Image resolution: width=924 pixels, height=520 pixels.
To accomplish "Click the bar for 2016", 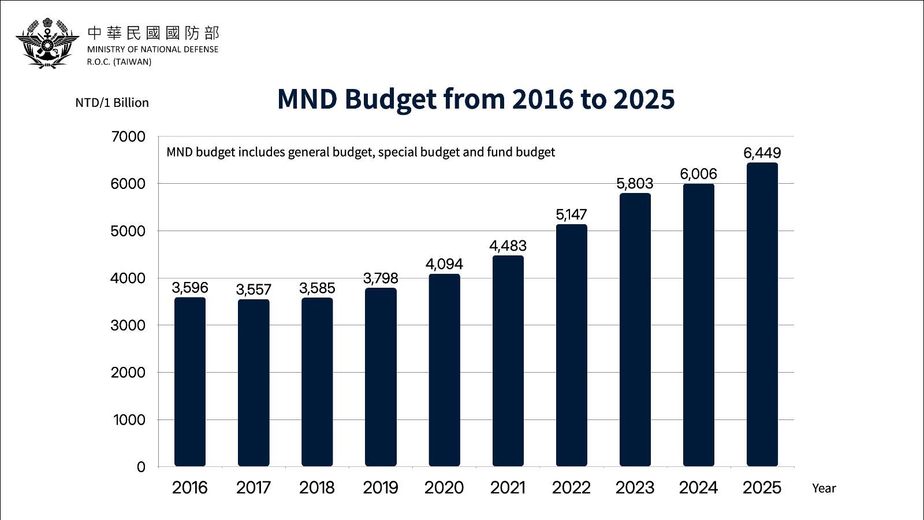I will coord(190,381).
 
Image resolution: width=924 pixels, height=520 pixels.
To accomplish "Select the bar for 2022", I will coord(571,345).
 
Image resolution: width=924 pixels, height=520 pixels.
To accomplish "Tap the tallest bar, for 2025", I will coord(762,314).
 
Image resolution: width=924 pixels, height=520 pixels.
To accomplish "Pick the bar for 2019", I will coord(381,377).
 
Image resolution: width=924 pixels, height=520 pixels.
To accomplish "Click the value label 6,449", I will coord(762,153).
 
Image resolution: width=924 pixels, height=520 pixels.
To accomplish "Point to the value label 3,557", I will coord(254,289).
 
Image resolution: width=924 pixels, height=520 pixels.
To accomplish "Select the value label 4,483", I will coord(508,246).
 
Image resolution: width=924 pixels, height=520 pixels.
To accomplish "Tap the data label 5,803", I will coord(635,184).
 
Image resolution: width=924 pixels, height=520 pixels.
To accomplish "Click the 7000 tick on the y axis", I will coord(128,137).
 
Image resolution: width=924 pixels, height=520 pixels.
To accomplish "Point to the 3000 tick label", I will coord(128,325).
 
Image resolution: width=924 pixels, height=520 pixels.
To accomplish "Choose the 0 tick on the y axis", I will coord(141,467).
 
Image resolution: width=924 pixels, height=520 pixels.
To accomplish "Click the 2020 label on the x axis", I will coord(444,488).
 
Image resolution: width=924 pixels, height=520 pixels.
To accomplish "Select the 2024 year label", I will coord(698,488).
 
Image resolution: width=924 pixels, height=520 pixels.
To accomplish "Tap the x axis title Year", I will coord(824,488).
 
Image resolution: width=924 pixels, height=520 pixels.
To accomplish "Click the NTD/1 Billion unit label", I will coord(112,103).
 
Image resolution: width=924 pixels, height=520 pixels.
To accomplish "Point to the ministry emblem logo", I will coord(47,43).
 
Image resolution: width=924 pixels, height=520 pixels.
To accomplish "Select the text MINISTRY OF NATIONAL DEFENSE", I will coord(152,50).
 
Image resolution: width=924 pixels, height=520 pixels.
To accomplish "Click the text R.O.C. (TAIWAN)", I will coord(119,62).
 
